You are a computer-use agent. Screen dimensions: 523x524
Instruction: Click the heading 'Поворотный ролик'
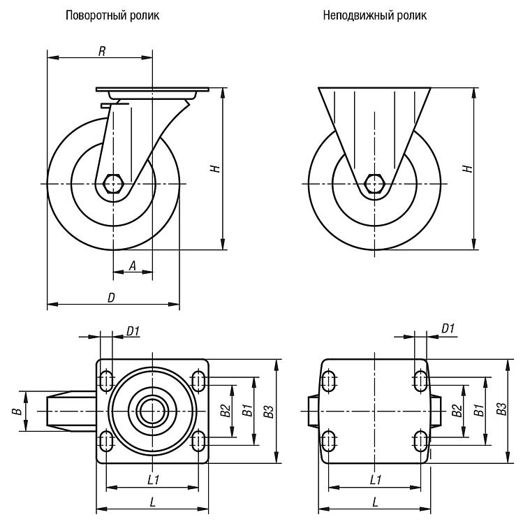click(x=112, y=15)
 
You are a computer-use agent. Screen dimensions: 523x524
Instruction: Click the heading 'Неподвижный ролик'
click(x=375, y=15)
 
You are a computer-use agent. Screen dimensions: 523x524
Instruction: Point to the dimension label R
click(x=102, y=51)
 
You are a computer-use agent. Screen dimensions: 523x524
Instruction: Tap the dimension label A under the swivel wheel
click(x=133, y=266)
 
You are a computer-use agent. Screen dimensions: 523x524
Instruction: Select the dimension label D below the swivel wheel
click(x=111, y=298)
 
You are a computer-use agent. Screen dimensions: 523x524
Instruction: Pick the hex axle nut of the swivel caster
click(x=113, y=184)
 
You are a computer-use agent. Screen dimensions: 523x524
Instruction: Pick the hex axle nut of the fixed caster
click(x=374, y=184)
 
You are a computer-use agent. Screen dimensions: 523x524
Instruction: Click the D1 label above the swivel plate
click(x=133, y=331)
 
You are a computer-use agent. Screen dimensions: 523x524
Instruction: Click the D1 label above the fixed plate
click(x=448, y=328)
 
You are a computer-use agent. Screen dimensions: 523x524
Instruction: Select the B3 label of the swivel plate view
click(x=269, y=411)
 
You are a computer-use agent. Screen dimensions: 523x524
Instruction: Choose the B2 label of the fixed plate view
click(x=457, y=410)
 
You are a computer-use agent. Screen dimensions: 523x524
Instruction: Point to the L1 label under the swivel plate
click(x=154, y=480)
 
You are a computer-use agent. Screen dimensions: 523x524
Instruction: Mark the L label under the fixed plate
click(x=376, y=502)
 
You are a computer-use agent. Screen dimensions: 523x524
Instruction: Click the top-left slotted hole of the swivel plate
click(x=106, y=381)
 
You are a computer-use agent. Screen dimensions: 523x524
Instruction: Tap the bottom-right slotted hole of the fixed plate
click(x=420, y=442)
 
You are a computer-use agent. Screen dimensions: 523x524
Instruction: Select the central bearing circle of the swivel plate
click(x=152, y=411)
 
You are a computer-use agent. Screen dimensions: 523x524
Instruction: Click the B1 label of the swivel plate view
click(x=247, y=410)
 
